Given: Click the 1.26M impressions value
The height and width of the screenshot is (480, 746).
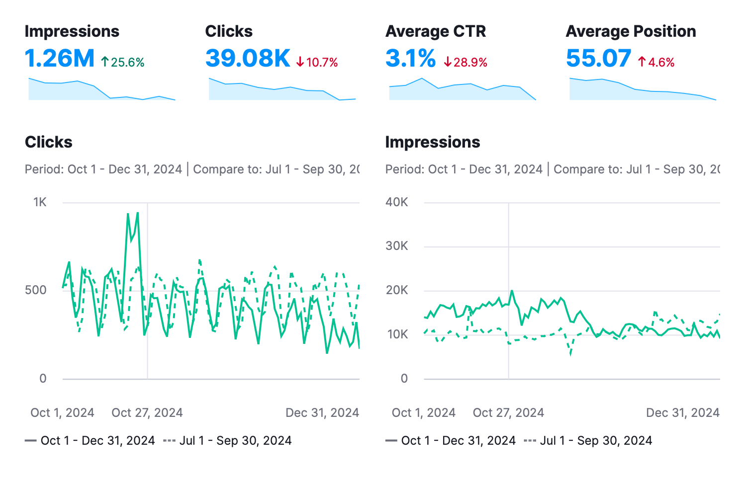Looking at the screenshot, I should tap(59, 59).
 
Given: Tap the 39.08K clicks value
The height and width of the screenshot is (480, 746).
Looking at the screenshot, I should tap(248, 59).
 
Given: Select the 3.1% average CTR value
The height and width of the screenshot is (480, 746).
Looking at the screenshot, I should tap(410, 59).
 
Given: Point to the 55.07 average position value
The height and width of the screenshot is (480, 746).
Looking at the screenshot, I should tap(598, 59).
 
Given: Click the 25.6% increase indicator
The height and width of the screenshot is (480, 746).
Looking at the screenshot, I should tap(123, 62).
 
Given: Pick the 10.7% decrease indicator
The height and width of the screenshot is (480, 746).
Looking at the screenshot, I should tap(317, 62).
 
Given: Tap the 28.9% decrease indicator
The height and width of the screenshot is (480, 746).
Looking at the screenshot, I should tap(466, 62).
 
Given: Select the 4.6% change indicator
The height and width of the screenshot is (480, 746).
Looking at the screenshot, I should tap(656, 62).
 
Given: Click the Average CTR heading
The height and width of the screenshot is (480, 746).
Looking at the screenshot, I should tap(436, 31).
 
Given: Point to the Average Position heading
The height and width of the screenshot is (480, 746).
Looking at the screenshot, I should tap(631, 31).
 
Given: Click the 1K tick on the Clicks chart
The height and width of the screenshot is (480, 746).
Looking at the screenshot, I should tap(40, 202).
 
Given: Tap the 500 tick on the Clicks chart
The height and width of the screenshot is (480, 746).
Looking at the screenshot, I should tap(36, 290).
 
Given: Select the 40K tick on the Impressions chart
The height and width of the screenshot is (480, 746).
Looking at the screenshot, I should tap(397, 202).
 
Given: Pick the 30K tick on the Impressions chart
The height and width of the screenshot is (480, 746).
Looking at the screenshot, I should tap(397, 246).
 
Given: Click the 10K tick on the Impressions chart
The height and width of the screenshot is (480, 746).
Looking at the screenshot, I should tap(397, 334).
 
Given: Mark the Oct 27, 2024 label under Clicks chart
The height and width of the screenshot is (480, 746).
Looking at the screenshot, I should tap(147, 413).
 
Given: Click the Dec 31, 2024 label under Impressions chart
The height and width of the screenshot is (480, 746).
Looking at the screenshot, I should tap(682, 413).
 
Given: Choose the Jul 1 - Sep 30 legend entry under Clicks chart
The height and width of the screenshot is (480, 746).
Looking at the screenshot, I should tap(227, 441).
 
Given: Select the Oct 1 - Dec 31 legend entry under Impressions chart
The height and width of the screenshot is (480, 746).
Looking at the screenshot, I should tap(451, 441).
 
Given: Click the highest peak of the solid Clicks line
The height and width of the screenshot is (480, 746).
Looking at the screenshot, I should tap(137, 213).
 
